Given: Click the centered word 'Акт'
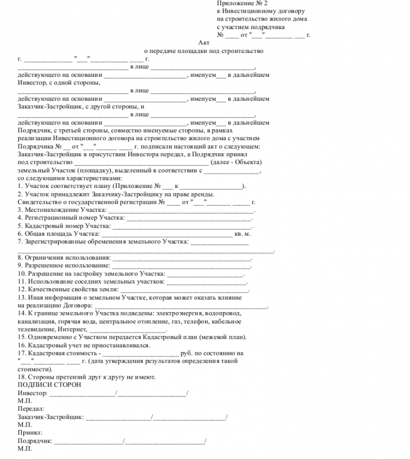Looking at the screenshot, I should click(x=204, y=43).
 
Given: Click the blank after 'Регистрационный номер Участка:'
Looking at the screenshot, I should click(x=188, y=218).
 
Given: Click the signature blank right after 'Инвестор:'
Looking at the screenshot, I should click(x=82, y=393).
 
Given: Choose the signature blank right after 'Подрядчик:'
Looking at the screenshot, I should click(x=88, y=441).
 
